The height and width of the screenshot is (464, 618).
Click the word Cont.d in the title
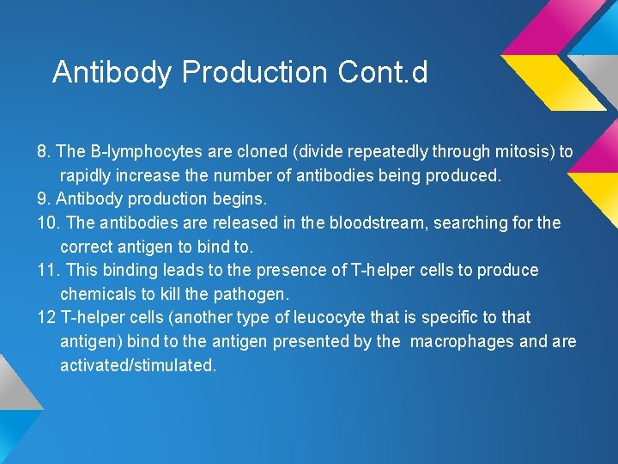[x=383, y=72]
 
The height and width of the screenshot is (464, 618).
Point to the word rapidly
[x=87, y=175]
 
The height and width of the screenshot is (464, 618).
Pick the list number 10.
[x=48, y=223]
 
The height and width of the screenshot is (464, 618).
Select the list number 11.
[x=48, y=271]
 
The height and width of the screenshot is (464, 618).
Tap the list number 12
[x=46, y=318]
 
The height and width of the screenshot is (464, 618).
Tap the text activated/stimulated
[x=137, y=365]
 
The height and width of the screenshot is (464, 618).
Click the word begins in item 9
[x=232, y=199]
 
